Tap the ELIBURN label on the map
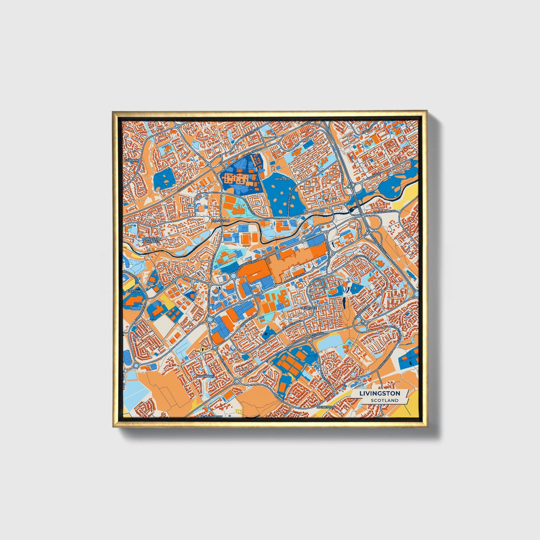point(131,160)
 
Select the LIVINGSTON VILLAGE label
point(151,240)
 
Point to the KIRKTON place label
point(133,291)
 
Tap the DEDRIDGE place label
point(309,308)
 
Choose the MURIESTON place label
point(324,406)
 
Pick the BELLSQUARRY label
point(211,416)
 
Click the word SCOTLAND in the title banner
point(385,400)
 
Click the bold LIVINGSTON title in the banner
point(380,393)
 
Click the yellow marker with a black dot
point(202,349)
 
